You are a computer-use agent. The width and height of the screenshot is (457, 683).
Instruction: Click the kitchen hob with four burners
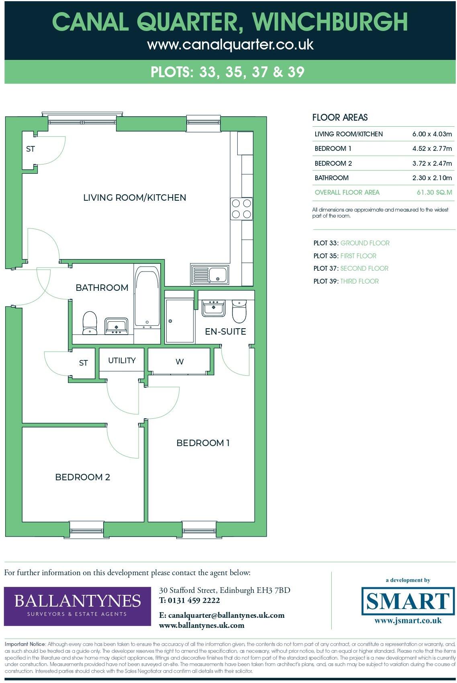241,209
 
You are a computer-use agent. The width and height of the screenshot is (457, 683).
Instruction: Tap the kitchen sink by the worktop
210,275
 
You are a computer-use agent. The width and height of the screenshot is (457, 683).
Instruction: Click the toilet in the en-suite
239,311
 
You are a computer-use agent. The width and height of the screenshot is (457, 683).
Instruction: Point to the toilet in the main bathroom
90,323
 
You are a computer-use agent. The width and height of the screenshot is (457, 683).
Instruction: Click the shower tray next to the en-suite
180,321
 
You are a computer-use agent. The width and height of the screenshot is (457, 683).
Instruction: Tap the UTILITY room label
122,360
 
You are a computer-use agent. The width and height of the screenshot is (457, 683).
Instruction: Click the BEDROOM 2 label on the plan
83,477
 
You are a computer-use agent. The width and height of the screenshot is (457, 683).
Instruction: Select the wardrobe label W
180,362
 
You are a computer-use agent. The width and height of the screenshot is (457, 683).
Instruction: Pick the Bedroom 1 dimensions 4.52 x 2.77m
432,148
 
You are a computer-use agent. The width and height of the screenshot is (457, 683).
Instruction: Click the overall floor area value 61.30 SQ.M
434,192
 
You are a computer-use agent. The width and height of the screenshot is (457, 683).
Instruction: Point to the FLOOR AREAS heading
340,117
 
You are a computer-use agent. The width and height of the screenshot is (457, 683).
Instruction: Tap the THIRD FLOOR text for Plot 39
359,281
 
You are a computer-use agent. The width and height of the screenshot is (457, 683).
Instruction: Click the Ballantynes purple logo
78,606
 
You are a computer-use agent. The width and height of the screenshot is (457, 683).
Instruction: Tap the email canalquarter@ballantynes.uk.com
226,615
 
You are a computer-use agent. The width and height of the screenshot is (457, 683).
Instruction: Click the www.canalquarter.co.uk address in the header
230,44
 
